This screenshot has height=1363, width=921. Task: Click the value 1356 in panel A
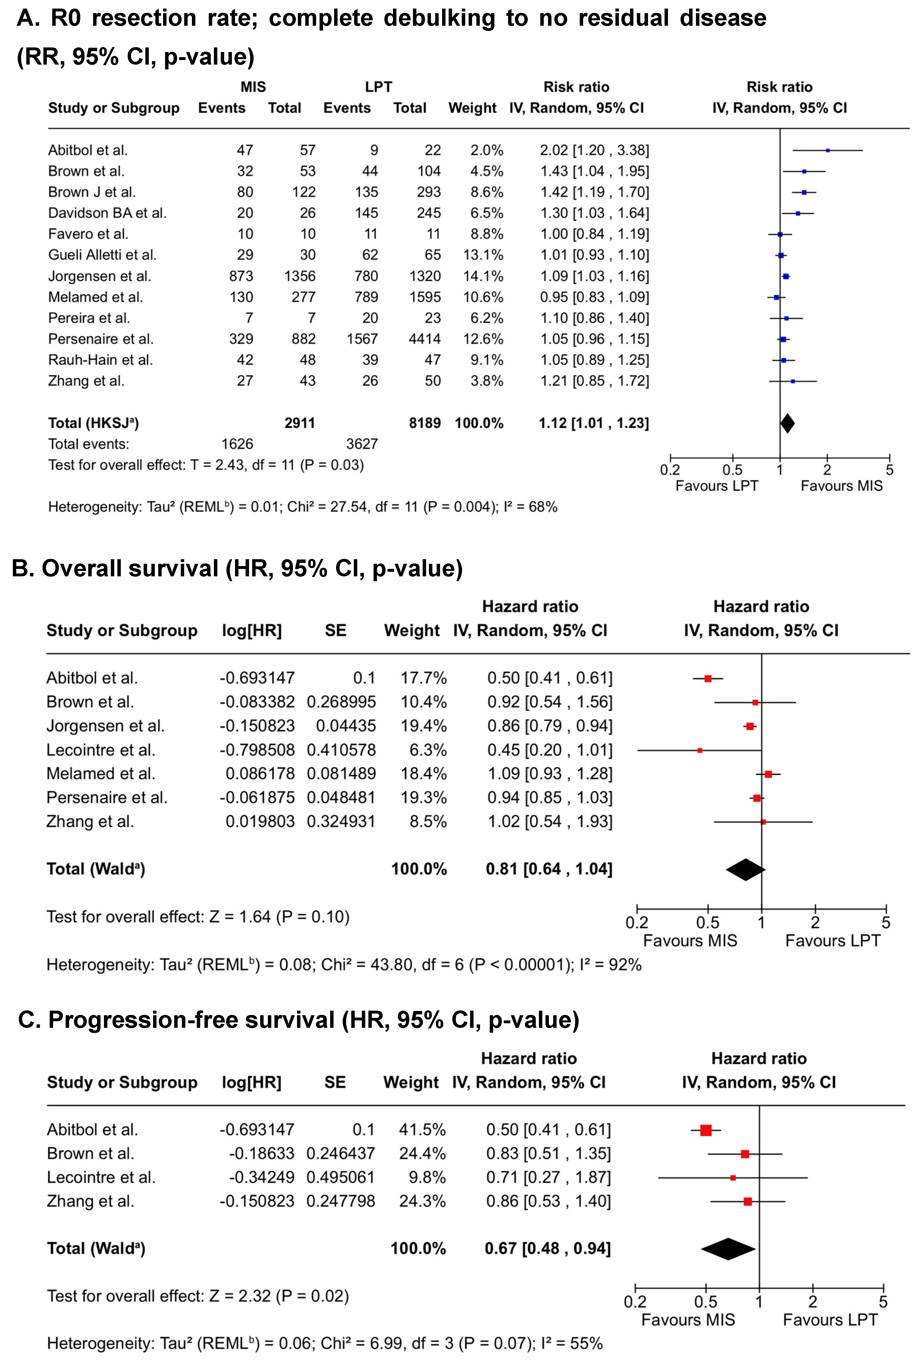click(x=300, y=276)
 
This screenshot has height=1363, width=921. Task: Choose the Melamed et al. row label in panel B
click(x=101, y=774)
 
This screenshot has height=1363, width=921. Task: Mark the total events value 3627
click(x=362, y=444)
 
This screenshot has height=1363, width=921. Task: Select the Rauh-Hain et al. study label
click(x=100, y=360)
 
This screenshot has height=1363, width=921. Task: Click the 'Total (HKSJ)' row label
click(x=93, y=423)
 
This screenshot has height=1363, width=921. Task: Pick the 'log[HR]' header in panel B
click(x=252, y=630)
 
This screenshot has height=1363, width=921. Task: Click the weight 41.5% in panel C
click(x=422, y=1130)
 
